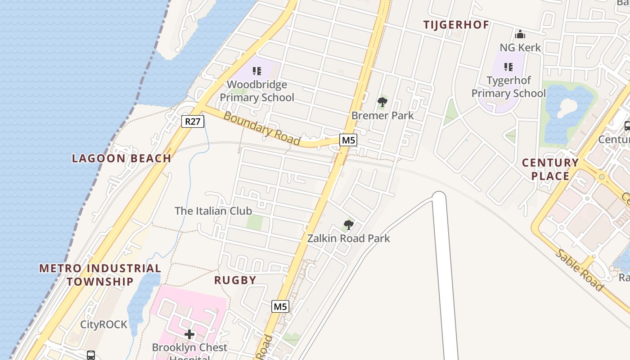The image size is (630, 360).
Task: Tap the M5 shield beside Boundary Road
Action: point(348,140)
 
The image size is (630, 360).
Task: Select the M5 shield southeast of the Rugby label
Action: point(280,306)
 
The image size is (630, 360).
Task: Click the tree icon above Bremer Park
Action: point(382,102)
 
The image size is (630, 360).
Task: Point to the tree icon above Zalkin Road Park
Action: point(348,225)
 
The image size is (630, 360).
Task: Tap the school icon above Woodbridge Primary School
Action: point(257,71)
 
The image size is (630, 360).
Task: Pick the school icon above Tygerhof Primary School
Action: point(508,67)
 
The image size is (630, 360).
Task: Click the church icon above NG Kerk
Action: point(520,34)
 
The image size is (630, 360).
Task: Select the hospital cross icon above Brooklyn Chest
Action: point(189,334)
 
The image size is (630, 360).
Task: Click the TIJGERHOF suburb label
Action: point(456,25)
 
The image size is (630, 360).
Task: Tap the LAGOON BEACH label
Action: point(121,158)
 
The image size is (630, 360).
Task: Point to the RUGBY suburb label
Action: point(235,280)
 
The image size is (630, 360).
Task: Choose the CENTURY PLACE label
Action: point(550,169)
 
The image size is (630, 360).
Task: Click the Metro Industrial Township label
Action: point(100,275)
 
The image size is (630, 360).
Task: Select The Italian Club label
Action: point(213,211)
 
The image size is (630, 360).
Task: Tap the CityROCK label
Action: point(104,324)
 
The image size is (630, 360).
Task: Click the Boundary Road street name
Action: point(261,128)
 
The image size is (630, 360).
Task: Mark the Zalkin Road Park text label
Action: point(348,238)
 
